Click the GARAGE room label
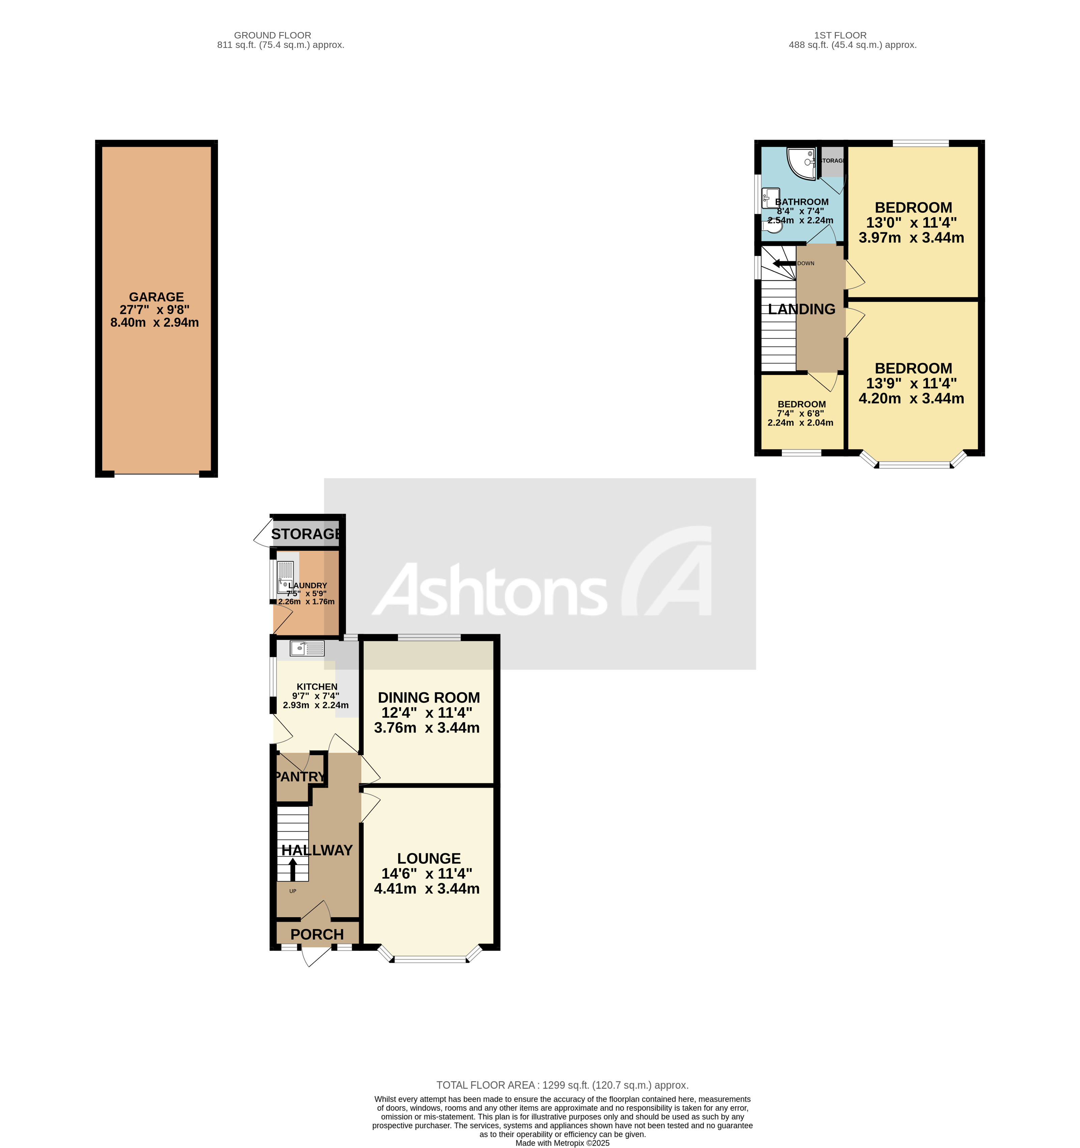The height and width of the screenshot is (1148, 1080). [x=156, y=297]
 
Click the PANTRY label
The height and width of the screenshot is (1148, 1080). [x=300, y=777]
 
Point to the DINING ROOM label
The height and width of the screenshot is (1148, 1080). [x=429, y=697]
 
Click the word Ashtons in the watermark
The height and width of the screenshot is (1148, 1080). [x=491, y=589]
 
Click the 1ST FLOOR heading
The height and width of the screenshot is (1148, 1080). [x=840, y=35]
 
